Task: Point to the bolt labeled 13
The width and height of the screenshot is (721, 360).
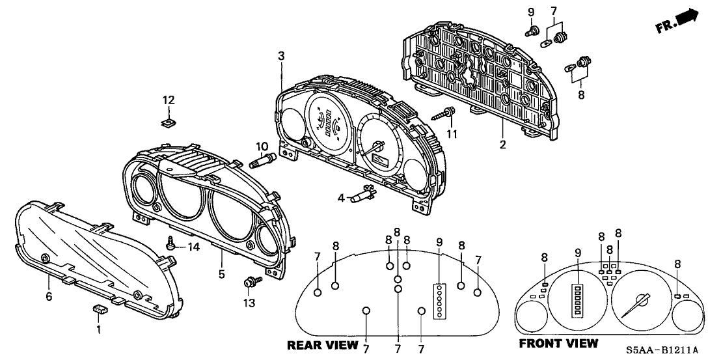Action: coord(249,282)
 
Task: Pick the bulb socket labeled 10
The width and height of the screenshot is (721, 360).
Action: coord(262,158)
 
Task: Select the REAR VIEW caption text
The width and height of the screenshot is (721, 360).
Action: coord(322,344)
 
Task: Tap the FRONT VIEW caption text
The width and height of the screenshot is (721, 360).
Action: coord(558,342)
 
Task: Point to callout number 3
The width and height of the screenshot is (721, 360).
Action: coord(281,57)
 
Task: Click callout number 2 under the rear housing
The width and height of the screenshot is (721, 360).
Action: coord(502,143)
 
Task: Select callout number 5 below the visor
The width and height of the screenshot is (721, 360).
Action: coord(221,274)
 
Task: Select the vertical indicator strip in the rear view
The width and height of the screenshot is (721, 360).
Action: coord(439,300)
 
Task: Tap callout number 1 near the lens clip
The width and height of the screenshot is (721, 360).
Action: coord(98,330)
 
